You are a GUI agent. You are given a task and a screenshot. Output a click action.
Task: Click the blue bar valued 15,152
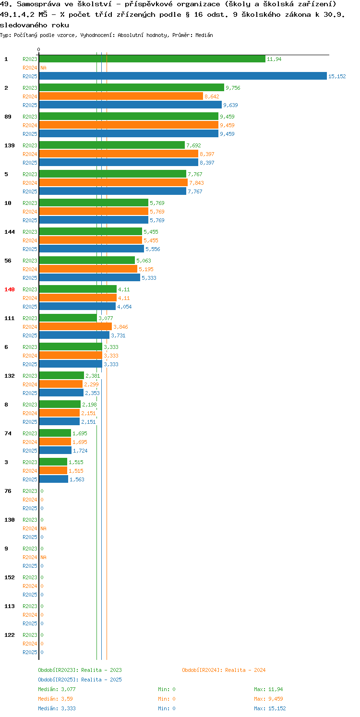tap(183, 76)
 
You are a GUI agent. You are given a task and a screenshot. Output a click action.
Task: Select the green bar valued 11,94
tap(152, 59)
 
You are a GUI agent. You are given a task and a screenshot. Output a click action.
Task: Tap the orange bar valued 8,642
tap(121, 96)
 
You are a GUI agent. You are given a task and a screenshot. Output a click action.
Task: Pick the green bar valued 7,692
tap(112, 145)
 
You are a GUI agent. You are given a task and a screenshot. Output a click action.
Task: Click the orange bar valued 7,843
tap(113, 182)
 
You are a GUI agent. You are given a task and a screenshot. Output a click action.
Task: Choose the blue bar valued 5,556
tap(92, 249)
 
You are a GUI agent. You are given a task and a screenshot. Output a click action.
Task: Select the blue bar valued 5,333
tap(90, 277)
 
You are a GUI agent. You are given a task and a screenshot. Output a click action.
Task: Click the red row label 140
tap(10, 289)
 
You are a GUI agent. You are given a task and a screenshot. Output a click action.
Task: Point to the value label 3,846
tap(121, 327)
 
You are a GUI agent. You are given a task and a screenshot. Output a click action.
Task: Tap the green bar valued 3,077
tap(68, 318)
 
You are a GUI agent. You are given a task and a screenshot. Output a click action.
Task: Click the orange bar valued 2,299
tap(61, 384)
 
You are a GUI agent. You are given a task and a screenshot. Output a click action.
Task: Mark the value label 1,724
tap(80, 451)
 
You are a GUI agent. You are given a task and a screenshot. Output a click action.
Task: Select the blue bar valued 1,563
tap(53, 479)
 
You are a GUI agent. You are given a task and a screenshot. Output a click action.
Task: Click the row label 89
tap(8, 117)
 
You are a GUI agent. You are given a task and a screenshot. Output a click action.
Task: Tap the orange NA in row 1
tap(43, 68)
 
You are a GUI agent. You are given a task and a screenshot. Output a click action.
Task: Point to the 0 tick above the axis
tap(39, 49)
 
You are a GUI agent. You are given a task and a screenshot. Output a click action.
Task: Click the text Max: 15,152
tap(270, 708)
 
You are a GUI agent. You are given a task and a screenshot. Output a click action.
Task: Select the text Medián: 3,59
tap(55, 699)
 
